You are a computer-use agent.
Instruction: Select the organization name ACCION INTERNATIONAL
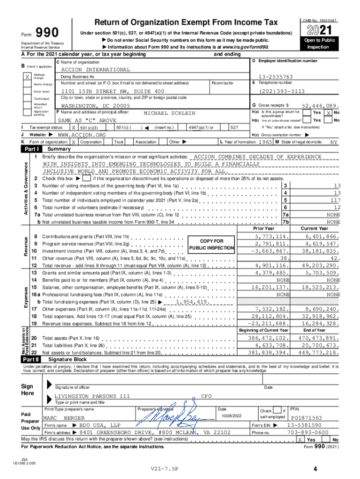pyautogui.click(x=96, y=70)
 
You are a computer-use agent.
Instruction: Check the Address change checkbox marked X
pyautogui.click(x=28, y=77)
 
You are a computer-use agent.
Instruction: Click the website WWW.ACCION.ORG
pyautogui.click(x=81, y=135)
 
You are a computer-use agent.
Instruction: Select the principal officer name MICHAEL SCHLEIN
pyautogui.click(x=169, y=113)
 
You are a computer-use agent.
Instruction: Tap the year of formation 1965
pyautogui.click(x=266, y=142)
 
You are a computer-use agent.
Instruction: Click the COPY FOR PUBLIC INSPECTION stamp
pyautogui.click(x=211, y=244)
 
